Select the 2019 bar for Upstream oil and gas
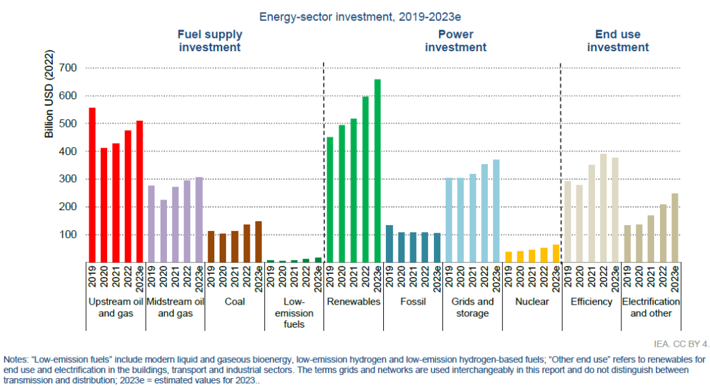coord(92,184)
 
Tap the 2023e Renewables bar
coord(377,170)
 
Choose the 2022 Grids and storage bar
coord(484,213)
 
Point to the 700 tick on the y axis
coord(68,68)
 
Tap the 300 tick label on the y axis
coord(68,179)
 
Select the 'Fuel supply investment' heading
coord(210,41)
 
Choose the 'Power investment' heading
coord(456,41)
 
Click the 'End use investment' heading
coord(617,41)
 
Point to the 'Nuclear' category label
coord(531,302)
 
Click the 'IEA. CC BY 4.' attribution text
coord(681,343)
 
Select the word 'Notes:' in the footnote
coord(16,360)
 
